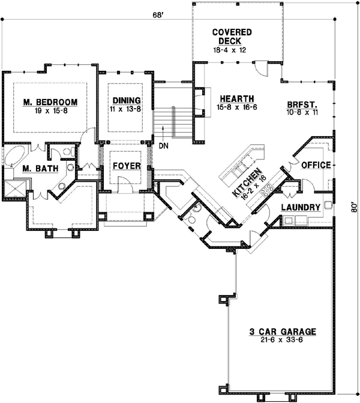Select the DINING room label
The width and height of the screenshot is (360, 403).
(127, 100)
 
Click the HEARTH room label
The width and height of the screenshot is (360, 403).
(236, 98)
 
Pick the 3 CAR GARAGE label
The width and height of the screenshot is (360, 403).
(283, 332)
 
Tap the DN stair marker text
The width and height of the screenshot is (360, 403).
(163, 145)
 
